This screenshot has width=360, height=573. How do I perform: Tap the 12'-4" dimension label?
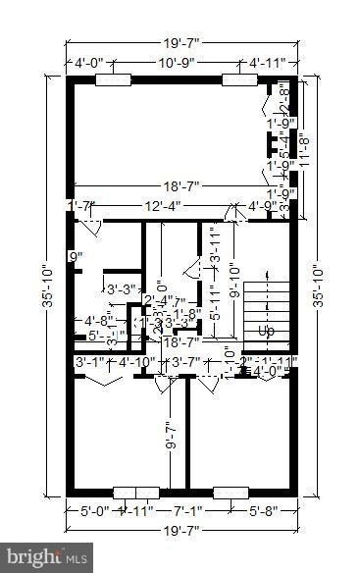click(162, 205)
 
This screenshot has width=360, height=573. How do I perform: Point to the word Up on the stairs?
click(266, 332)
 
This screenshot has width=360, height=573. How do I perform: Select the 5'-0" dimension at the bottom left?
click(94, 509)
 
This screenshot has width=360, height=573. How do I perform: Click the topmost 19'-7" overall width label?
click(180, 42)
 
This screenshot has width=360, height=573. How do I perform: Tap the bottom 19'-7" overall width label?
click(180, 531)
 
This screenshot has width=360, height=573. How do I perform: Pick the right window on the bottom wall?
click(230, 493)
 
